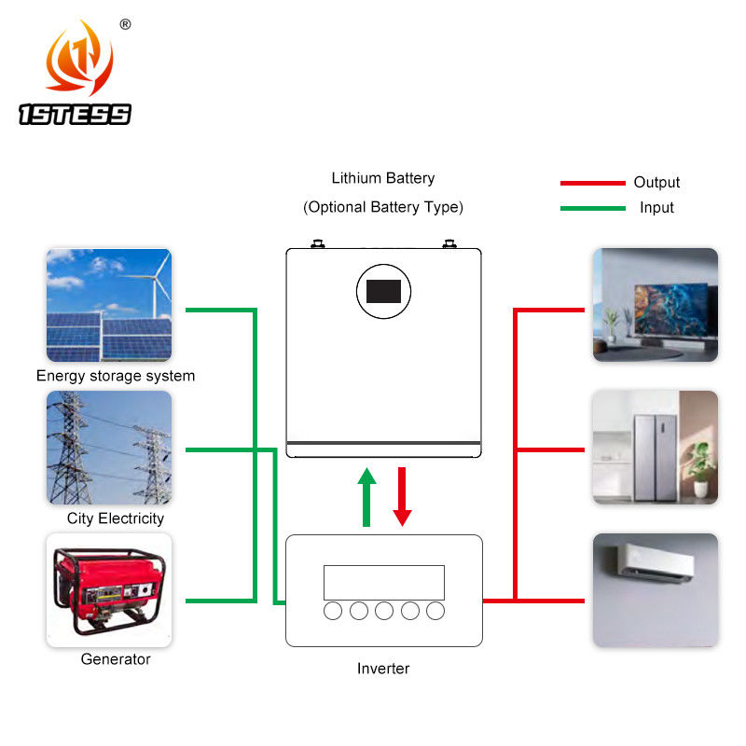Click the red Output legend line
pos(592,183)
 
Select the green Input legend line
pos(592,208)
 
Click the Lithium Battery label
pos(382,178)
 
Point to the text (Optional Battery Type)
pos(382,207)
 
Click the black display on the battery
pos(383,291)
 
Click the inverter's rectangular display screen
pos(383,582)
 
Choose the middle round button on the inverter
pos(383,611)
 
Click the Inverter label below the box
pos(383,669)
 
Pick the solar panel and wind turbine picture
pos(109,304)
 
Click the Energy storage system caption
pos(116,376)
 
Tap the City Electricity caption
pos(116,518)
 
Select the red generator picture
pos(109,588)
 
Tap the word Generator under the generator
pos(116,659)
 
